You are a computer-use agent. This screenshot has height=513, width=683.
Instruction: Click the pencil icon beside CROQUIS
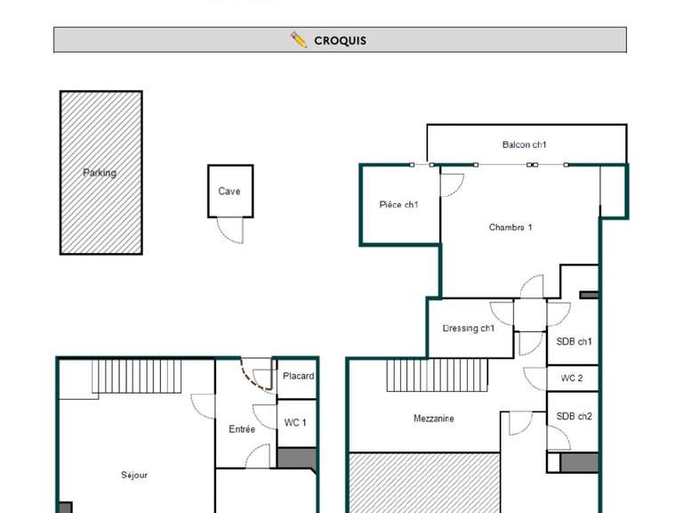299,40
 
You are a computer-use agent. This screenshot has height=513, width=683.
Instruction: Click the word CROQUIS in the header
340,41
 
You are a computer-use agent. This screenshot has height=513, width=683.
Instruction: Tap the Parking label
100,173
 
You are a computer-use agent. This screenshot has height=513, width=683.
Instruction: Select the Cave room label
229,191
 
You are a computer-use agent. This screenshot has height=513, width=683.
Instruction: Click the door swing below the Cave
231,230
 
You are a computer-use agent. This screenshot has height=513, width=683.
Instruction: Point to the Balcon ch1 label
525,144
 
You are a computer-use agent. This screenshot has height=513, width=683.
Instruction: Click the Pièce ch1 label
398,205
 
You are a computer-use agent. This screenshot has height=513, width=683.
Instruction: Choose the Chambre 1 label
510,227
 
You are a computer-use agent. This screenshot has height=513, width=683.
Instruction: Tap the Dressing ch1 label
469,329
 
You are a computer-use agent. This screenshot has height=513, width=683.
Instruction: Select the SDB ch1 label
574,342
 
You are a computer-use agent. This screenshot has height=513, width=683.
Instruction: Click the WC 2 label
573,379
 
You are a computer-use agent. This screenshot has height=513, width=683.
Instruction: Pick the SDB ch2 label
574,417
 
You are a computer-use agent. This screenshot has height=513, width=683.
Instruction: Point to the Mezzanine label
434,419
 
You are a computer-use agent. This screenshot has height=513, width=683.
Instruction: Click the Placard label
298,376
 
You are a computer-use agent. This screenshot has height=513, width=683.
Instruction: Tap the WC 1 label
294,423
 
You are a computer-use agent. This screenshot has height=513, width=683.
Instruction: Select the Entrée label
242,429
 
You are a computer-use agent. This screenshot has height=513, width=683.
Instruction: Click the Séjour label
134,476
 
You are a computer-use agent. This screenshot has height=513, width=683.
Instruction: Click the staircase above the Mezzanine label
438,374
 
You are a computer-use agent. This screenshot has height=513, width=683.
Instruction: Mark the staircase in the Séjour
137,375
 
